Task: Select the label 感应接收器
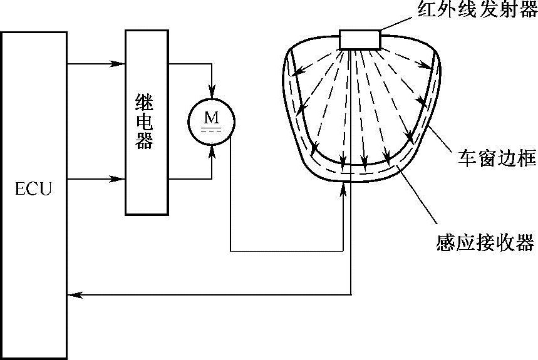(x=485, y=242)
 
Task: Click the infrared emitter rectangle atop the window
(x=360, y=39)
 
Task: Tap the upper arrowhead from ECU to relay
(x=116, y=63)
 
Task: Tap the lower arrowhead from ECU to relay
(x=116, y=180)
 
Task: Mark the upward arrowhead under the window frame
(x=343, y=189)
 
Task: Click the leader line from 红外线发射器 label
(x=394, y=26)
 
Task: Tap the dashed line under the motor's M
(x=210, y=130)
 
